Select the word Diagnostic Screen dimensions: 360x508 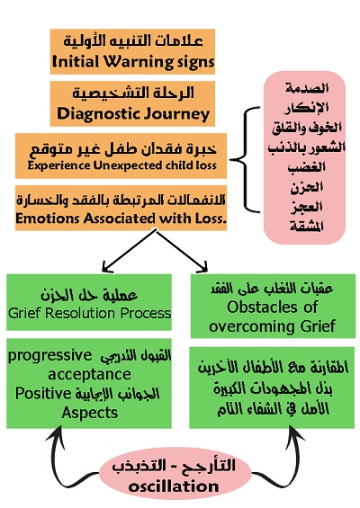[98, 113]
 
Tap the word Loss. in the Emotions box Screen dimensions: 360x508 [211, 218]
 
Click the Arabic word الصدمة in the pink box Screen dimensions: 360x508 [307, 88]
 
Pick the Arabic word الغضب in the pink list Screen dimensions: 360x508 [307, 167]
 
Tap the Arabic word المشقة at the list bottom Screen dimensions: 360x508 [307, 227]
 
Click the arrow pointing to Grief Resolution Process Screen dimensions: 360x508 [129, 251]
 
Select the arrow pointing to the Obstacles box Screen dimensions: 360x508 [183, 251]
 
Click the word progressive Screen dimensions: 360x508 [50, 356]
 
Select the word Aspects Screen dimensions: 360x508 [89, 413]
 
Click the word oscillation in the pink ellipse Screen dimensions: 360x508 [174, 486]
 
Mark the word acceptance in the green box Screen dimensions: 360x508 [89, 375]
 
